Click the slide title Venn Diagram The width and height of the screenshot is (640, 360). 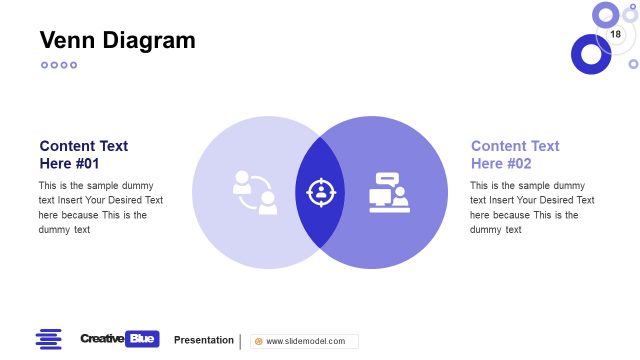coord(117,41)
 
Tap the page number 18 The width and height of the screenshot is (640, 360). coord(615,35)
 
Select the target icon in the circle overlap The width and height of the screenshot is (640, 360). coord(320,192)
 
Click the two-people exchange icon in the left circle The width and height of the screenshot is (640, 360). coord(254,193)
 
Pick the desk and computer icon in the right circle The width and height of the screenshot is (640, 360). coord(389,193)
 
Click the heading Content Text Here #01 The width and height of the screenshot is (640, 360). coord(83,155)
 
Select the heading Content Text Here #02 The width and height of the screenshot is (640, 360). coord(515,155)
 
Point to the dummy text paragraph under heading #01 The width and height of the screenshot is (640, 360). coord(100,208)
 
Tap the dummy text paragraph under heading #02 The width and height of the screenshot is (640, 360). coord(532,208)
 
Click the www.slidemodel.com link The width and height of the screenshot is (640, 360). coord(305,341)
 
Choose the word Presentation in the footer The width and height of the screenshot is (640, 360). coord(204,340)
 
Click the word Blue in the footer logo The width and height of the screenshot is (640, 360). coord(143,339)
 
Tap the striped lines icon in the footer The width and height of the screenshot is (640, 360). coord(49,339)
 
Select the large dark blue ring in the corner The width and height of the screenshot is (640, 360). coord(590,54)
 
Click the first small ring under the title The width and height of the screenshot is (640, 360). coord(44,65)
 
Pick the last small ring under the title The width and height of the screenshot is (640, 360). coord(73,65)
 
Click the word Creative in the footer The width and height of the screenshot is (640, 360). coord(102,339)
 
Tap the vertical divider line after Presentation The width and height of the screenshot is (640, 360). coord(240,341)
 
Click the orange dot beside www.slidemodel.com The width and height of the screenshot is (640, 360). coord(259,341)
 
